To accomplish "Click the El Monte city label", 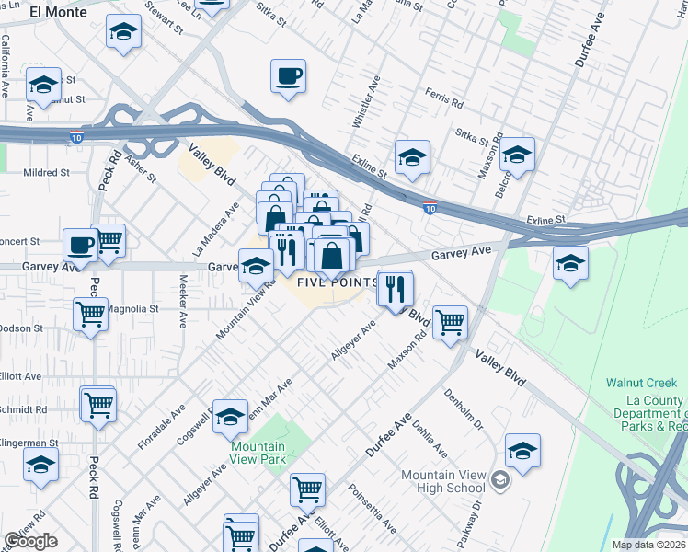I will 58,12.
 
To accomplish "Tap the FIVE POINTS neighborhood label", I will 338,282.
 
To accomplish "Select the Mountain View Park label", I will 257,454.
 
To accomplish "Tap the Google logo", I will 30,541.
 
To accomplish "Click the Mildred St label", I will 46,172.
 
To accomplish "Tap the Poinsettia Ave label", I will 376,512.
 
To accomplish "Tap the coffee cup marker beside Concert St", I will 80,246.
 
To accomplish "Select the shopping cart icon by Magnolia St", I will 90,314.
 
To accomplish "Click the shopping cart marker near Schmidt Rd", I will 97,403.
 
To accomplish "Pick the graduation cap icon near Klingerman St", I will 40,468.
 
